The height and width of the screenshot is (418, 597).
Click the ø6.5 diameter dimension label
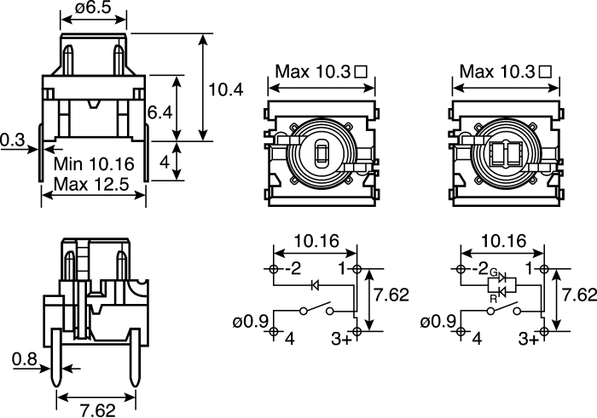click(x=93, y=7)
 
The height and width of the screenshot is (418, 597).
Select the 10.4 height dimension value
click(x=226, y=90)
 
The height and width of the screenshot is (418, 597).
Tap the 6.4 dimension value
click(x=160, y=112)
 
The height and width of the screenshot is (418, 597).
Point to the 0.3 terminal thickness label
click(x=12, y=140)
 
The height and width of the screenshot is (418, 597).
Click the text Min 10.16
click(x=94, y=163)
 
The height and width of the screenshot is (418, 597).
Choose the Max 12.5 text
click(x=91, y=185)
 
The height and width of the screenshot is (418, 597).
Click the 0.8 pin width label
click(x=25, y=359)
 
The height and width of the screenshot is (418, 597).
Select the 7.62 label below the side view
click(x=97, y=410)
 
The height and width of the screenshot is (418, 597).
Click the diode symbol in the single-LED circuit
click(x=315, y=284)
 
